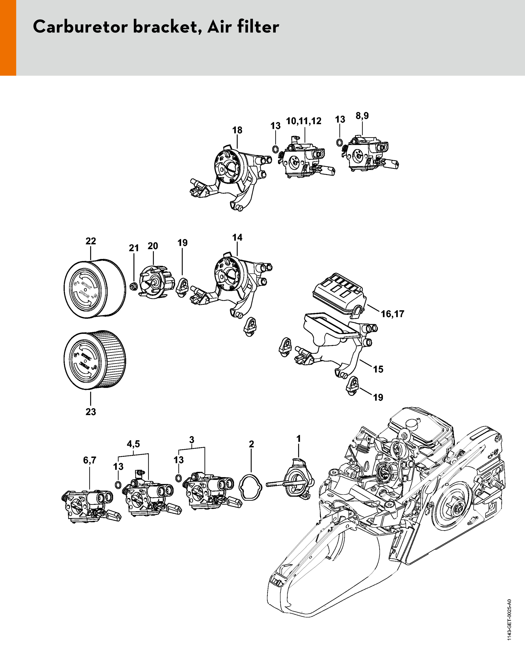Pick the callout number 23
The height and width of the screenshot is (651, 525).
pos(91,412)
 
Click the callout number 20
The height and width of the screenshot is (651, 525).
pos(153,246)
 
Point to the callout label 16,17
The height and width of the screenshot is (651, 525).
pos(392,314)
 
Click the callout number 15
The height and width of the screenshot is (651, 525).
pos(378,369)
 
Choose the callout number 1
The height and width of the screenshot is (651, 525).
pos(298,438)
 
